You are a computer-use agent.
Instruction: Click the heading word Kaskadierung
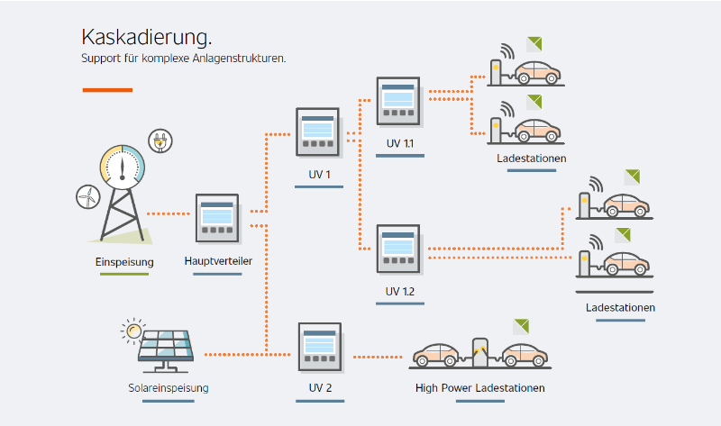[x=146, y=37]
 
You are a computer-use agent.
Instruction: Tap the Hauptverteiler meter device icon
[x=217, y=218]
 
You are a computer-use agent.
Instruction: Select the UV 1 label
[x=319, y=175]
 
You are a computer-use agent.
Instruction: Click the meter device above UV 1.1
[x=398, y=102]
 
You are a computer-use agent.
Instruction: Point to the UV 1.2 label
[x=399, y=291]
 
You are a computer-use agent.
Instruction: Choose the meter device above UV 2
[x=320, y=347]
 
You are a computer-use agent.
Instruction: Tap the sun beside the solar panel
[x=133, y=331]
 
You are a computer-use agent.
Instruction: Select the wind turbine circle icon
[x=87, y=196]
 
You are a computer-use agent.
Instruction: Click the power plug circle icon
[x=160, y=140]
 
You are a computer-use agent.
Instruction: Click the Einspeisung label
[x=124, y=262]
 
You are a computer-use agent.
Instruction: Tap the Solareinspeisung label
[x=169, y=388]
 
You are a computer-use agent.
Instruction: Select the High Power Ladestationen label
[x=480, y=388]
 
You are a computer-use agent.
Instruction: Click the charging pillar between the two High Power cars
[x=480, y=353]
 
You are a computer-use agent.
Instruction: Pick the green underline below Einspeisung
[x=124, y=275]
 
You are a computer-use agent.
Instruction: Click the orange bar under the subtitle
[x=107, y=90]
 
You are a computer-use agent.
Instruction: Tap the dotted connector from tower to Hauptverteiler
[x=169, y=213]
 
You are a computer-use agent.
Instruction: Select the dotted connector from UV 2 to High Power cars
[x=378, y=357]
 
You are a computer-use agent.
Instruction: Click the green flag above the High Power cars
[x=522, y=326]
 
